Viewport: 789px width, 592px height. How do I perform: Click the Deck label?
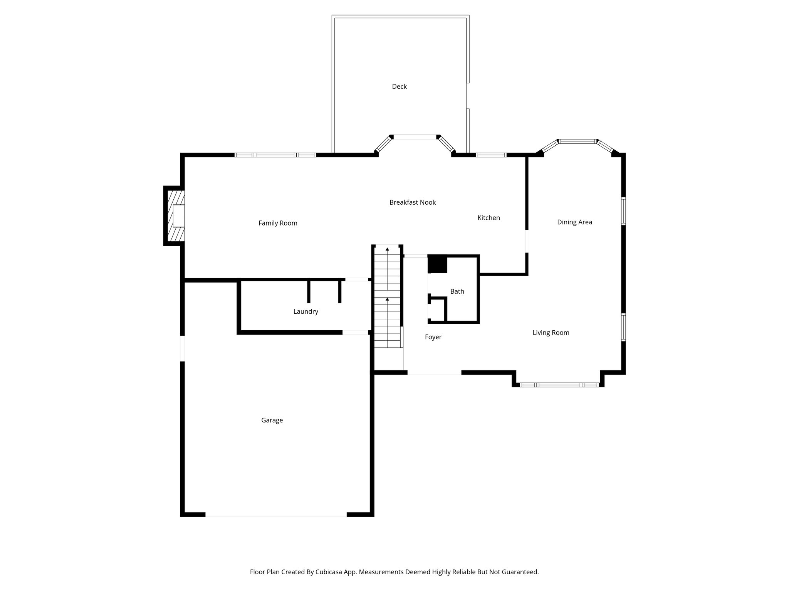point(399,86)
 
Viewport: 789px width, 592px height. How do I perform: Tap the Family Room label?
point(278,223)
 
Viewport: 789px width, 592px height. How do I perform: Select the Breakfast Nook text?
point(412,202)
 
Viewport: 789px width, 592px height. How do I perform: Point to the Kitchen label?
point(489,218)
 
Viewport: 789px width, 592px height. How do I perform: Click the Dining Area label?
point(574,222)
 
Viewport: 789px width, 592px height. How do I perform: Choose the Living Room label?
point(551,333)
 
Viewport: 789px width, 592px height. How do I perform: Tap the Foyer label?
point(433,337)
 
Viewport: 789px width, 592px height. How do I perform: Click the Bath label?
point(457,291)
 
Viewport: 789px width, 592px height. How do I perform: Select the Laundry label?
point(306,311)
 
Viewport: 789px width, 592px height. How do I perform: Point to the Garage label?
point(272,420)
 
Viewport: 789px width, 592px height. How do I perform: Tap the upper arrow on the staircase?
point(387,249)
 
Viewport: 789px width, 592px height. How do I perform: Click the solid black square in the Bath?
point(437,264)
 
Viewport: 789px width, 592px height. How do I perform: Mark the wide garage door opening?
point(276,515)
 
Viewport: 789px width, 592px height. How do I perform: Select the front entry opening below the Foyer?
point(434,373)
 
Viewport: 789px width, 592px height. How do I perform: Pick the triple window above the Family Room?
point(275,155)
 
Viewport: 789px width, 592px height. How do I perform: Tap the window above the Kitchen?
point(490,155)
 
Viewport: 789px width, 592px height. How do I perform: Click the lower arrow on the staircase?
point(387,299)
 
